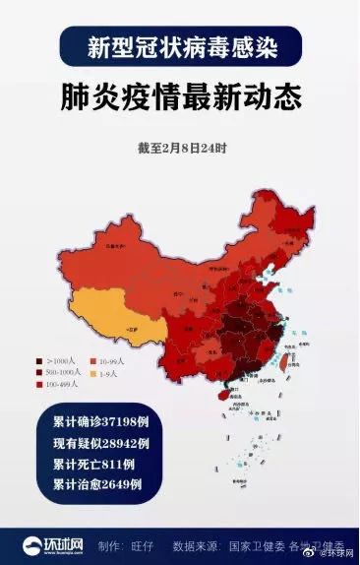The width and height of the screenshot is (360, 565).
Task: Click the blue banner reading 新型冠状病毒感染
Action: tap(180, 46)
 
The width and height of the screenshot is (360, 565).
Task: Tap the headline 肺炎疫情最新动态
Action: tap(179, 99)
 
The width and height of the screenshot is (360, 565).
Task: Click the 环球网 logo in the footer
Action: tap(54, 542)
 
